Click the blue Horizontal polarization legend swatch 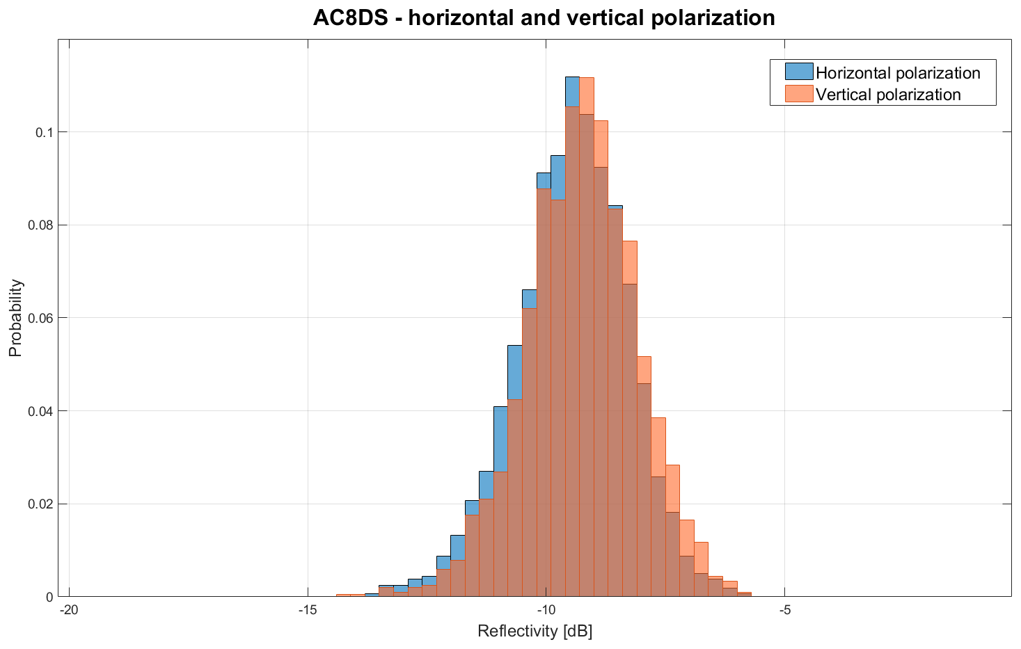pyautogui.click(x=799, y=72)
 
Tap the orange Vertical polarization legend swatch pyautogui.click(x=799, y=94)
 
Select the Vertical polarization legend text pyautogui.click(x=888, y=95)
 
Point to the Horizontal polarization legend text pyautogui.click(x=898, y=72)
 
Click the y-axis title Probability pyautogui.click(x=15, y=318)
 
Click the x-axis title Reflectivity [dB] pyautogui.click(x=535, y=632)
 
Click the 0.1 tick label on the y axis pyautogui.click(x=45, y=132)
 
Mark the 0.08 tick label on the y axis pyautogui.click(x=40, y=225)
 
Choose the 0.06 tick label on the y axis pyautogui.click(x=40, y=318)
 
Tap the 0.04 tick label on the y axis pyautogui.click(x=40, y=411)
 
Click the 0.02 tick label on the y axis pyautogui.click(x=40, y=504)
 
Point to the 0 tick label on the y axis pyautogui.click(x=49, y=597)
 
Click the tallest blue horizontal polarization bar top pyautogui.click(x=572, y=77)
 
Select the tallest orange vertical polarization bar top pyautogui.click(x=587, y=78)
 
